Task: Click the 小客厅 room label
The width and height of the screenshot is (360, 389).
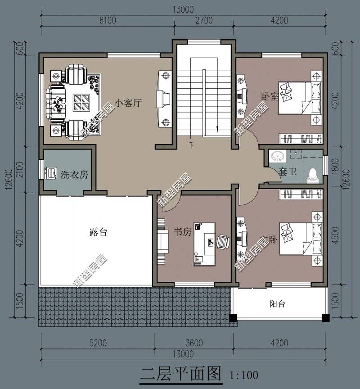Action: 128,103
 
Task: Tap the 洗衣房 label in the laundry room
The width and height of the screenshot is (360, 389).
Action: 74,175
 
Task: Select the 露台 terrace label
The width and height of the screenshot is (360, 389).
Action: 98,232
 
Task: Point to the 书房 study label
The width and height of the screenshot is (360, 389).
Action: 183,232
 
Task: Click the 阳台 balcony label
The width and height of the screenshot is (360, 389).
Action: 278,304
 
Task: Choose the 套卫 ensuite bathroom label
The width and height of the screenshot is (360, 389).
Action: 288,171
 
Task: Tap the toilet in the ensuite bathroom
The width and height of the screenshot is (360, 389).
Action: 313,176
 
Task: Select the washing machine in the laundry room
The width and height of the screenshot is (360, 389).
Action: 50,173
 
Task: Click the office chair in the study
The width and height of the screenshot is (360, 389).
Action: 223,241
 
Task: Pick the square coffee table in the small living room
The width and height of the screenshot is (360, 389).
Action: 81,103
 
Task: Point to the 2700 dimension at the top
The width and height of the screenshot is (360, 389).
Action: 204,20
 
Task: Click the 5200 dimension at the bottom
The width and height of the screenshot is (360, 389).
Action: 98,343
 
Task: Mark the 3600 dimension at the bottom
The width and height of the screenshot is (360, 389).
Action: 194,343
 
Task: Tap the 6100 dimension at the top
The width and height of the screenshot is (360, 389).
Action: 108,20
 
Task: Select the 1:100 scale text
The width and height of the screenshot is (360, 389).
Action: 244,375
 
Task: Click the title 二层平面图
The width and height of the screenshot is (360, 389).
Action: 181,374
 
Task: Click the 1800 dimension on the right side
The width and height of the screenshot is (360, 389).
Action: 335,166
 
